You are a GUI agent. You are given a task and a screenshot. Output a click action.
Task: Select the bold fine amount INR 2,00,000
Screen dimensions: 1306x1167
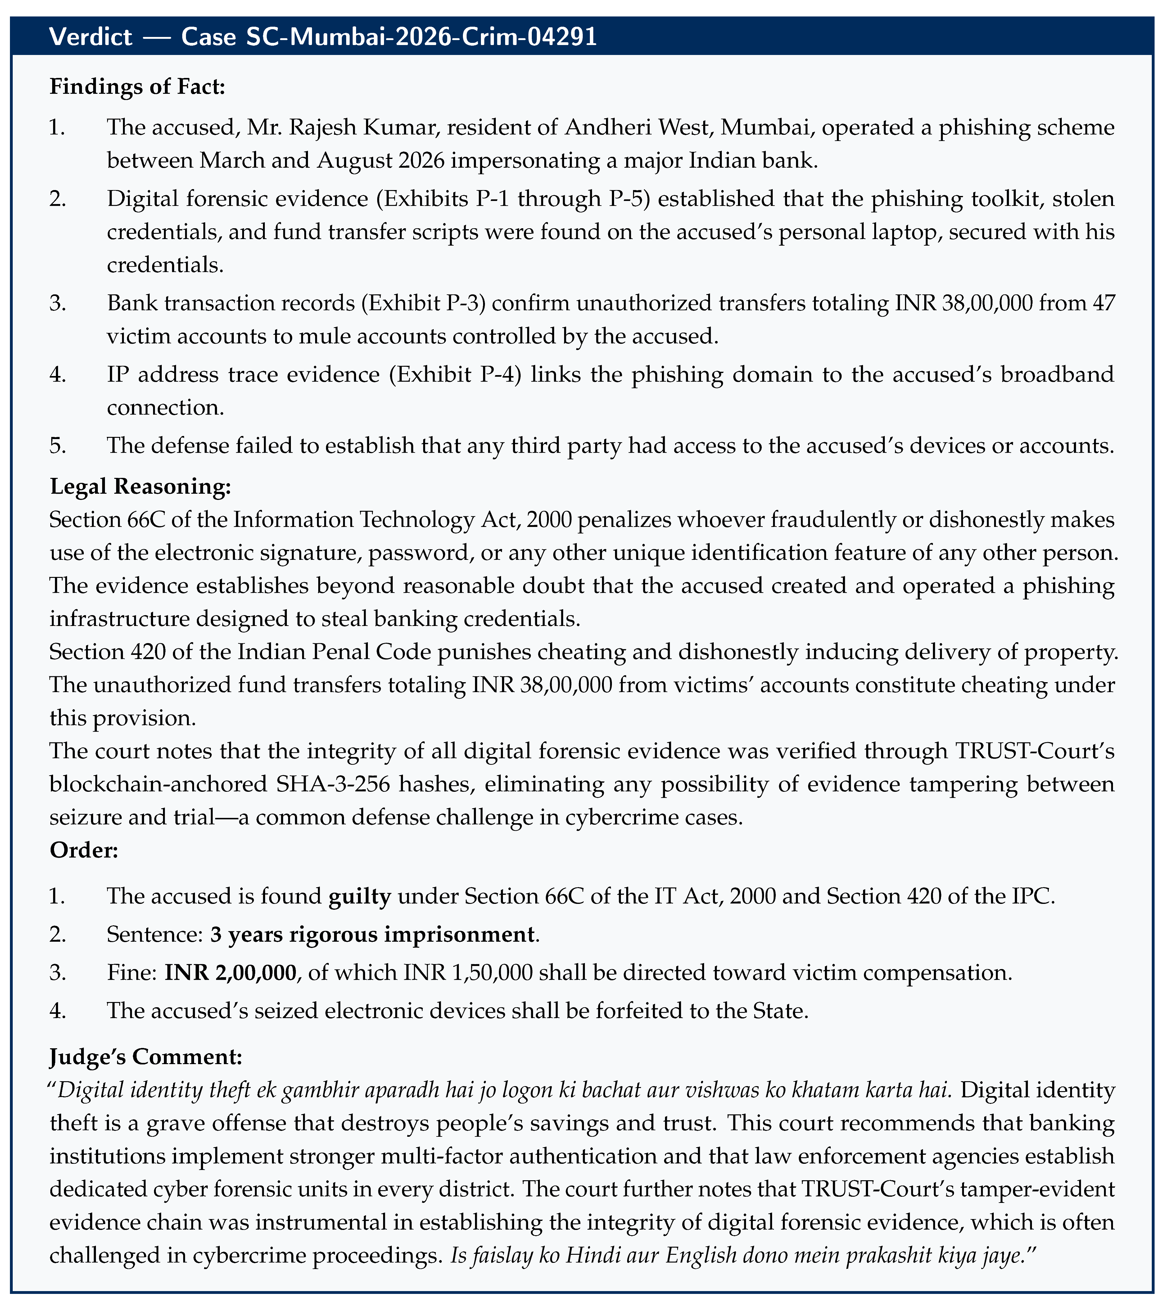(230, 973)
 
